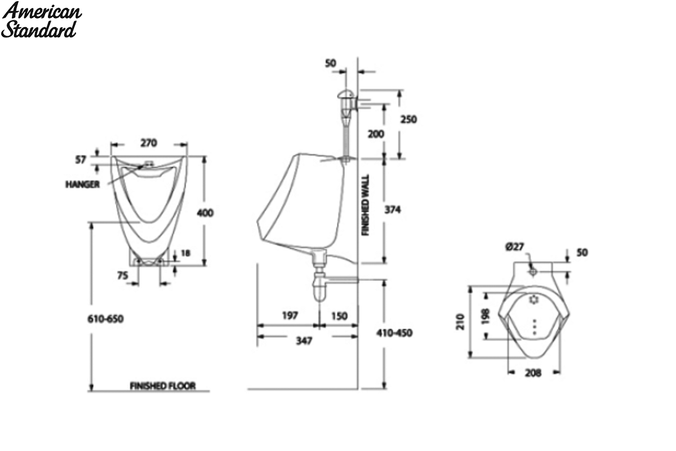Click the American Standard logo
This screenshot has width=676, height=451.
41,20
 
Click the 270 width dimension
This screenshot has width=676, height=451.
149,143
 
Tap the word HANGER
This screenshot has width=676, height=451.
83,184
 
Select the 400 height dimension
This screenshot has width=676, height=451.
205,213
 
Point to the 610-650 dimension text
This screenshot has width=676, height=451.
106,319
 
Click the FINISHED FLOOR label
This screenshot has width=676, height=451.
163,386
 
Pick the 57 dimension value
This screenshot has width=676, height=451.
81,160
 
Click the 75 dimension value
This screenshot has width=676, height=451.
123,276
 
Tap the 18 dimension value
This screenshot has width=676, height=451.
185,253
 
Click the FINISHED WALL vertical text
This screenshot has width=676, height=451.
366,205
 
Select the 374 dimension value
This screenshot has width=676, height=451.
393,210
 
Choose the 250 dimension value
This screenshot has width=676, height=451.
408,120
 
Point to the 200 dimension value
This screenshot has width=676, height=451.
376,134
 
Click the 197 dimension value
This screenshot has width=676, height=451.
290,316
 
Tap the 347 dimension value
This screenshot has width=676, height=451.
304,341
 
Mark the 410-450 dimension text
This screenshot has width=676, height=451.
394,333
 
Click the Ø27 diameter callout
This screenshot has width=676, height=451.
515,247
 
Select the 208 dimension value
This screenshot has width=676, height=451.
533,373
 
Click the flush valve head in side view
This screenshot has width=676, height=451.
346,94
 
